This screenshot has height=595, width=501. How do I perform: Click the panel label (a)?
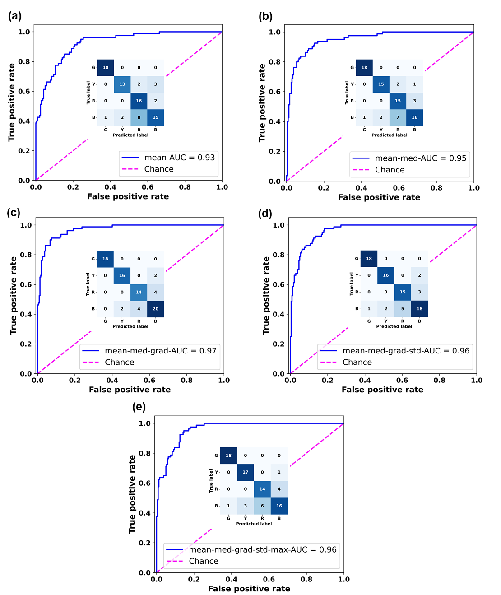click(x=15, y=16)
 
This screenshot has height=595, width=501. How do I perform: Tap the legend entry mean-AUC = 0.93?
click(x=179, y=158)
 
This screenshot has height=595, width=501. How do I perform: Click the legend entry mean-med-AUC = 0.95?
click(x=420, y=158)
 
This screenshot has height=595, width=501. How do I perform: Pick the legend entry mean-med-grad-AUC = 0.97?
click(x=160, y=351)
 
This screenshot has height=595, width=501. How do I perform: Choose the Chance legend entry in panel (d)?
click(x=357, y=362)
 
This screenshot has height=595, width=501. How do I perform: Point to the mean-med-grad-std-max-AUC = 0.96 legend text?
click(x=263, y=549)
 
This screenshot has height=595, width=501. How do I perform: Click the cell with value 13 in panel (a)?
click(x=122, y=84)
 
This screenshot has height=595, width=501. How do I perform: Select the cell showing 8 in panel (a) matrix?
click(x=139, y=117)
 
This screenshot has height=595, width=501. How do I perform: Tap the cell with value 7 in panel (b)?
click(x=398, y=117)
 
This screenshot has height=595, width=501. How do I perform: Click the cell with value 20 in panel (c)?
click(x=155, y=309)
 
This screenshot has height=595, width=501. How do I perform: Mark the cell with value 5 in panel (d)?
click(x=403, y=309)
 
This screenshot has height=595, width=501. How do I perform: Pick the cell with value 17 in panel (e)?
click(x=246, y=472)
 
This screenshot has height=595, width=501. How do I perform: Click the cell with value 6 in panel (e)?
click(x=262, y=506)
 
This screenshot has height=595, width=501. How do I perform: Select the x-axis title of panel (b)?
click(x=379, y=197)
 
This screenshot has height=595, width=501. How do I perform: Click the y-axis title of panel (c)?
click(x=14, y=296)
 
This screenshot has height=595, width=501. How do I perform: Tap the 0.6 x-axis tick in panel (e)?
click(x=269, y=579)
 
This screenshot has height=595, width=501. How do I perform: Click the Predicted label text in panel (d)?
click(x=394, y=326)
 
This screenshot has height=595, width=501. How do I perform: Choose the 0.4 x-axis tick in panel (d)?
click(x=365, y=380)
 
